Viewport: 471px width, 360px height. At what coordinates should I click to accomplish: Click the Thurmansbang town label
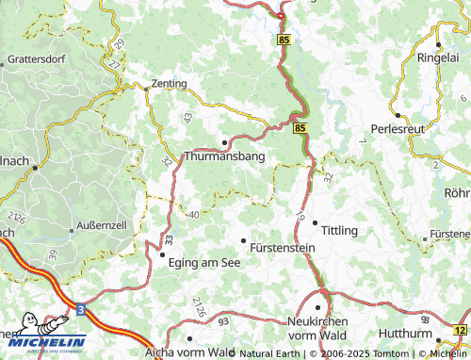224,157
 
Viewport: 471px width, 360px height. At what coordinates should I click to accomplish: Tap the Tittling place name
340,231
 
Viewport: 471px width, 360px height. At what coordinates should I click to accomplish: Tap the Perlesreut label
399,129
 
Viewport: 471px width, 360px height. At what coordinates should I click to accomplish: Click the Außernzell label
100,229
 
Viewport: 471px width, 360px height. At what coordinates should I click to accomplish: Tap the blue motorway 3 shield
82,308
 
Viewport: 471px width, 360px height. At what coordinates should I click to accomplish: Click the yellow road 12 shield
459,330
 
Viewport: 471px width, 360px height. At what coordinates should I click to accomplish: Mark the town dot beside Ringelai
438,44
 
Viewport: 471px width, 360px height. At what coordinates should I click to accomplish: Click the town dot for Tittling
315,223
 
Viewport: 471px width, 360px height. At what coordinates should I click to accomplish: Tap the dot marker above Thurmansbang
224,143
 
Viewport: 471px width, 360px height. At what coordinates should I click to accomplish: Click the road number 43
187,116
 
